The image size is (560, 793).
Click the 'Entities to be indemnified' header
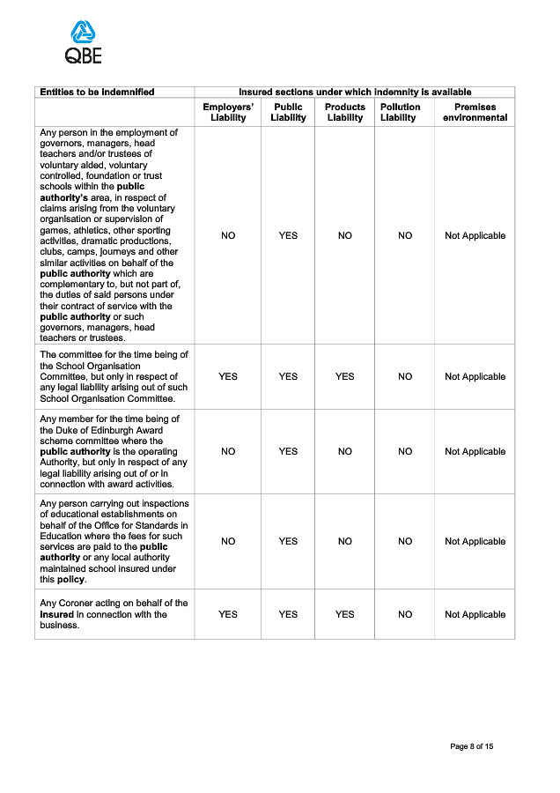pyautogui.click(x=97, y=92)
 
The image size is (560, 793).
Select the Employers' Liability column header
pyautogui.click(x=228, y=112)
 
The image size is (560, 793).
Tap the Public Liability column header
pyautogui.click(x=288, y=112)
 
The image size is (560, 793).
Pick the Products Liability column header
pyautogui.click(x=345, y=112)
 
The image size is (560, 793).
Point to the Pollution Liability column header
pyautogui.click(x=400, y=112)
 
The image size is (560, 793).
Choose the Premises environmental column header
pyautogui.click(x=475, y=112)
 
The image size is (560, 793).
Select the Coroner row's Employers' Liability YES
pyautogui.click(x=228, y=614)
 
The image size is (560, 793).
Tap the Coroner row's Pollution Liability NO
pyautogui.click(x=405, y=614)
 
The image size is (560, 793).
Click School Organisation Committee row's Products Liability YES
pyautogui.click(x=345, y=376)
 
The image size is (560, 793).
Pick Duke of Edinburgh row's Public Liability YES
pyautogui.click(x=288, y=451)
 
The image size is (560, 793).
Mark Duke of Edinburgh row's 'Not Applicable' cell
pyautogui.click(x=475, y=451)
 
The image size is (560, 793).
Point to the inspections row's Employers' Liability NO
pyautogui.click(x=228, y=541)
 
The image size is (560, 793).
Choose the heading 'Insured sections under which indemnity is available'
pyautogui.click(x=355, y=92)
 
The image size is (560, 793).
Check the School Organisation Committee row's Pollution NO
pyautogui.click(x=405, y=376)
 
